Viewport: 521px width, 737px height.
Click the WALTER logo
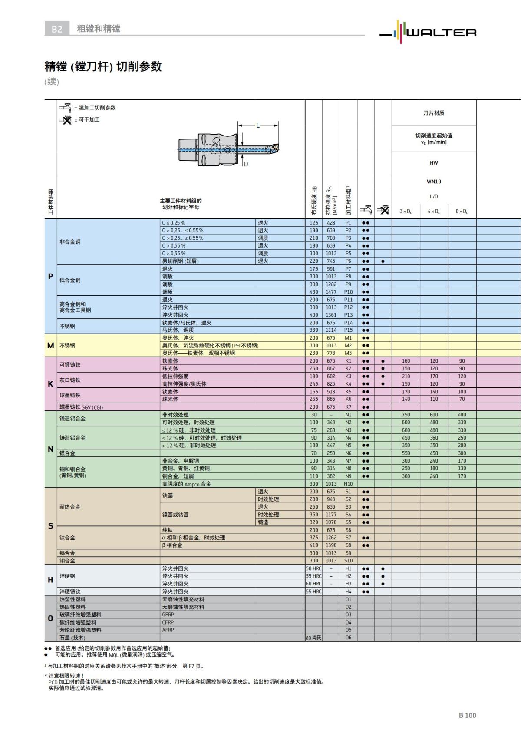(x=428, y=30)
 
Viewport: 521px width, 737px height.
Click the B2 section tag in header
(x=57, y=29)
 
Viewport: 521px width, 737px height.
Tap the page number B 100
(x=467, y=715)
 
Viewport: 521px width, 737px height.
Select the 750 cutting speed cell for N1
(x=406, y=415)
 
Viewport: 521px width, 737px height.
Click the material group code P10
(x=348, y=292)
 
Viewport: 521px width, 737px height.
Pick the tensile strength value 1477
(x=331, y=292)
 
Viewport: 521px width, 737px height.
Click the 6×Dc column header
(x=462, y=212)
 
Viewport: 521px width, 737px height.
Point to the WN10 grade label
(x=434, y=182)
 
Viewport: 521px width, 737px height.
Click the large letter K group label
(x=50, y=384)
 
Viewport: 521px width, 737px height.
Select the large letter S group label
(x=50, y=526)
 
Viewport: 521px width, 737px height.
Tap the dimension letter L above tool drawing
(x=258, y=126)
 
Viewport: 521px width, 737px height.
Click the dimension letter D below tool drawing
(x=246, y=164)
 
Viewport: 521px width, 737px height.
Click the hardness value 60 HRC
(x=313, y=584)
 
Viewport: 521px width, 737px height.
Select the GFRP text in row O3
(x=168, y=615)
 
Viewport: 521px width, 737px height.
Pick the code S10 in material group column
(x=348, y=561)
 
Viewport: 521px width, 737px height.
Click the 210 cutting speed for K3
(x=406, y=376)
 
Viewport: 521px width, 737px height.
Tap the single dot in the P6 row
(x=383, y=261)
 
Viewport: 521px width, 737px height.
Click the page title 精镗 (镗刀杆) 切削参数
(x=103, y=66)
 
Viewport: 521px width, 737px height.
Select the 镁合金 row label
(x=67, y=453)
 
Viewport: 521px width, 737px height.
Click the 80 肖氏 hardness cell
(x=313, y=638)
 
